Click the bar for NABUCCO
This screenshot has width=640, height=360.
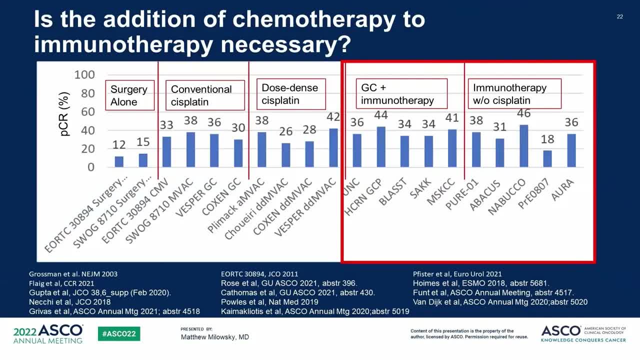click(x=523, y=146)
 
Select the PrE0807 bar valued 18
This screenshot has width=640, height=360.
click(x=547, y=158)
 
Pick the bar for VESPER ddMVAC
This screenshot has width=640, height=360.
click(x=333, y=148)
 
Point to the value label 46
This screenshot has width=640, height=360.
click(x=523, y=113)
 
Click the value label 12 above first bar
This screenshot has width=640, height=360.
click(x=119, y=145)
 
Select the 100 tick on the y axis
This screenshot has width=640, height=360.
click(x=84, y=75)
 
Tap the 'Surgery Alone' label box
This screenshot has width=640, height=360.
click(x=129, y=95)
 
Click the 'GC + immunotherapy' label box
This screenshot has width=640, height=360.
click(x=398, y=94)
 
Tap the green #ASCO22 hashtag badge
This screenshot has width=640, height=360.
click(x=119, y=334)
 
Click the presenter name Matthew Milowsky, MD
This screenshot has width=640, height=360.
click(x=215, y=337)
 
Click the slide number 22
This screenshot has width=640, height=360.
click(x=620, y=17)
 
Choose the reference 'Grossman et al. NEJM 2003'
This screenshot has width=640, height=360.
click(x=73, y=274)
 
